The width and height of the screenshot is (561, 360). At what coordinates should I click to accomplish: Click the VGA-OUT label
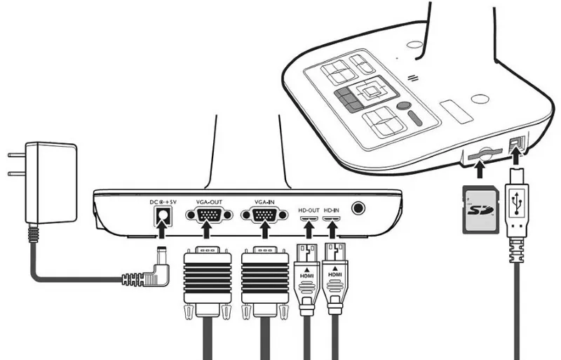coord(209,202)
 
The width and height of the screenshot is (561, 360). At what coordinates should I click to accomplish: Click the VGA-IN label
coord(265,202)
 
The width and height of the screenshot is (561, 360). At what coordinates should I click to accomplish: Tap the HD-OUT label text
coord(309,211)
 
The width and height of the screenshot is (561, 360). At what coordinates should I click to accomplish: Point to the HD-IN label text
coord(331,211)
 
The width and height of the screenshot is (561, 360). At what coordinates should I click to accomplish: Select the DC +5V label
coord(163,202)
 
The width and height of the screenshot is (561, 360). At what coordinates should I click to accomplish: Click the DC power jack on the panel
coord(163,216)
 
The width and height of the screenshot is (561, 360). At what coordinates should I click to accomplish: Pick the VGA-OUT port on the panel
coord(209,215)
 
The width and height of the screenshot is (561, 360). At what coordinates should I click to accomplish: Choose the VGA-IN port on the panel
coord(265,215)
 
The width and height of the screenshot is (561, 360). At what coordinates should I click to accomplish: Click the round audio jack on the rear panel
coord(358,208)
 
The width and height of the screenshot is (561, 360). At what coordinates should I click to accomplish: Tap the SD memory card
coord(480,209)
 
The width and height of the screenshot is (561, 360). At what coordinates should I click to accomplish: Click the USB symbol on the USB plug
coord(517,203)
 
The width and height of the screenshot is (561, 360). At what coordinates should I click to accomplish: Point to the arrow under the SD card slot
coord(480,169)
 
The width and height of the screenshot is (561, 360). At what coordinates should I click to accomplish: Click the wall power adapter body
coord(50,182)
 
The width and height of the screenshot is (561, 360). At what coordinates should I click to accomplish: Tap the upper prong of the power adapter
coord(16,156)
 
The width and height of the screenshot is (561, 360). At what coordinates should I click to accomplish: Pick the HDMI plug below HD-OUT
coord(306,279)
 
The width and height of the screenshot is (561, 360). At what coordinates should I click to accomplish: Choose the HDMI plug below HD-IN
coord(334,279)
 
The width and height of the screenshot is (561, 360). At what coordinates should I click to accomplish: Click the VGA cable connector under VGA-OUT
coord(208,283)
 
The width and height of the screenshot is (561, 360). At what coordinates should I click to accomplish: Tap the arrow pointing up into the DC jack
coord(162,229)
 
